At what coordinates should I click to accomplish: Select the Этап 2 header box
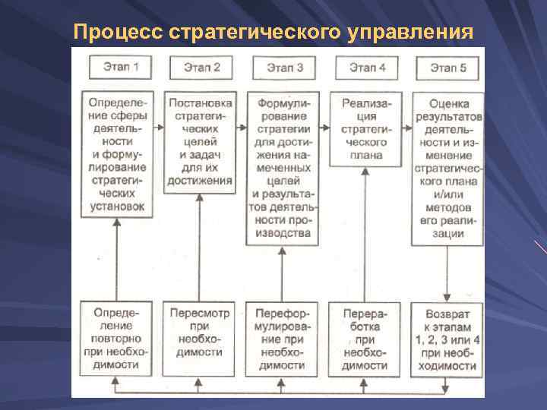click(x=201, y=68)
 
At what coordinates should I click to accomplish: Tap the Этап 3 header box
click(x=285, y=68)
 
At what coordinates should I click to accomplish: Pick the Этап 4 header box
click(x=367, y=68)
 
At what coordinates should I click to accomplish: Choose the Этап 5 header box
click(x=448, y=68)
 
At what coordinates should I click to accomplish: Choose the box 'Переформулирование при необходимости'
click(x=282, y=338)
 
